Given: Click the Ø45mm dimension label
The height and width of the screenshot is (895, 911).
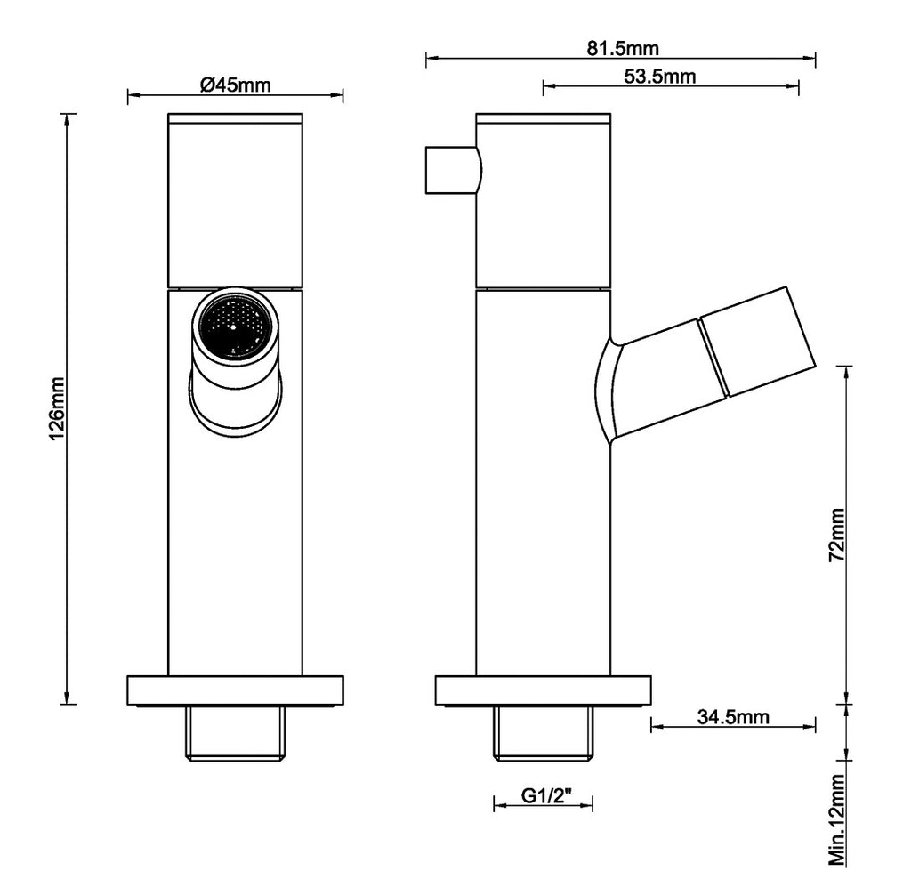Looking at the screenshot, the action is (x=235, y=85).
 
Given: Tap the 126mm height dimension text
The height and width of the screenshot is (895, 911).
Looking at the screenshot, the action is (x=57, y=408).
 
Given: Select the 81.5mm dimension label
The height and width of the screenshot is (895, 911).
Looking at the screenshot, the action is (x=623, y=48).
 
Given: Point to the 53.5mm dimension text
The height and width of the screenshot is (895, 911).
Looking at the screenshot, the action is (x=660, y=77).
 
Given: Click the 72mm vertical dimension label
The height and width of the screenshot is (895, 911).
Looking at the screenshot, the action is (x=836, y=535).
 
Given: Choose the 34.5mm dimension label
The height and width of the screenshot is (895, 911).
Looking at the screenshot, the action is (x=733, y=716).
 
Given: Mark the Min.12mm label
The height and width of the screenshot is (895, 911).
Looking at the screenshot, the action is (x=836, y=819).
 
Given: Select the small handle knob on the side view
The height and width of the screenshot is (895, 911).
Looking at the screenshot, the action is (x=454, y=170).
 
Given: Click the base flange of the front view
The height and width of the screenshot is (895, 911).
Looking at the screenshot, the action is (x=235, y=689).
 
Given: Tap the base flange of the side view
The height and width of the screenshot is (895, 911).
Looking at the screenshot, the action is (x=544, y=689).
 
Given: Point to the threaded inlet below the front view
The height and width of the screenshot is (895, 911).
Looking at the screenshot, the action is (x=235, y=733).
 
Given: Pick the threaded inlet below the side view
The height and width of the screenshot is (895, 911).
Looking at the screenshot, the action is (x=544, y=733).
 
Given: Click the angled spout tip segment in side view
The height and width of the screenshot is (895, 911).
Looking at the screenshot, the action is (x=758, y=341).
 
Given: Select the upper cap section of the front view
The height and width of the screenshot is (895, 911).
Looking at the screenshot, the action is (x=235, y=200).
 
